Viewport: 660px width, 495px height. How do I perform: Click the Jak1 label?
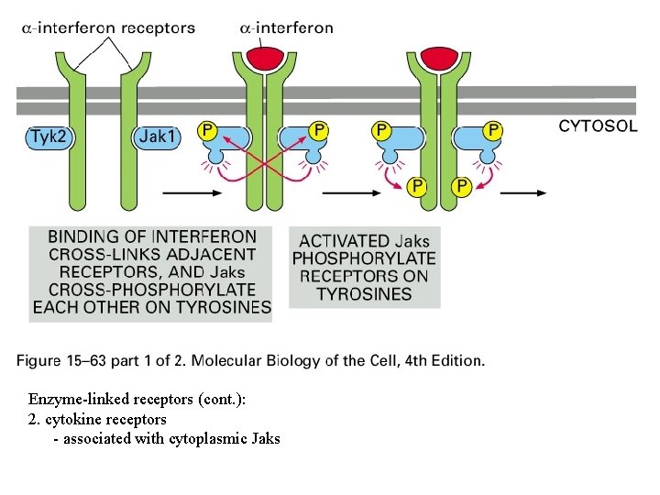tap(159, 137)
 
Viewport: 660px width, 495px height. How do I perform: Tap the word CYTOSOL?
tap(598, 126)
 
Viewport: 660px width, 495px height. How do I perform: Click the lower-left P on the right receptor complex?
tap(417, 187)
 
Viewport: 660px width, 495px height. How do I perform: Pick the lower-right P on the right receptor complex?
tap(461, 187)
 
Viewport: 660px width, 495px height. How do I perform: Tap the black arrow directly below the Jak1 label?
tap(192, 193)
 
